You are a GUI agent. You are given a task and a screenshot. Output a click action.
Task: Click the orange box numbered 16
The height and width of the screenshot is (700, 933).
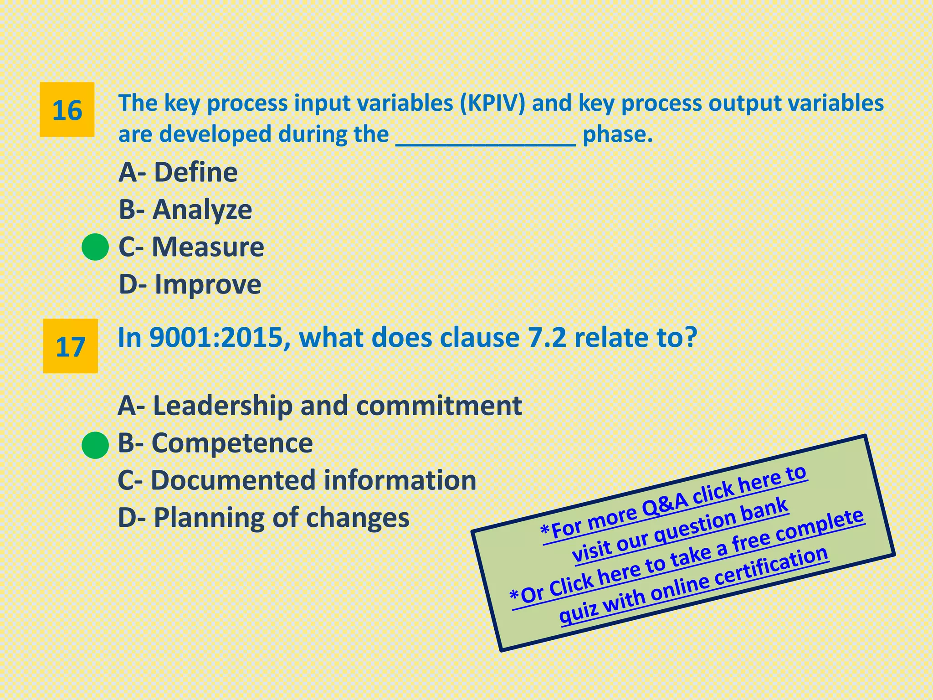[67, 110]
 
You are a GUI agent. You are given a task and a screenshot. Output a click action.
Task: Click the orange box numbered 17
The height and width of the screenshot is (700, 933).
[70, 346]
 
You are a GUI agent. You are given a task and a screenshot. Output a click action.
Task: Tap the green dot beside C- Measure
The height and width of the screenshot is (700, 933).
[95, 247]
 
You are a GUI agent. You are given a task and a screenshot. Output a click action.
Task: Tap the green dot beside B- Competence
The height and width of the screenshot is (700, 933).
[95, 445]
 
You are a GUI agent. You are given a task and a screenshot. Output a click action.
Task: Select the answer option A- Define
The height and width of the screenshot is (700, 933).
[178, 172]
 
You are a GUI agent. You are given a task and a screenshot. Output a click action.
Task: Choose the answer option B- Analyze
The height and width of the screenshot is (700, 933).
[185, 210]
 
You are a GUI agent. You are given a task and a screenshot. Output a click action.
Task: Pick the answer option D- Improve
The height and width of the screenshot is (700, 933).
[190, 284]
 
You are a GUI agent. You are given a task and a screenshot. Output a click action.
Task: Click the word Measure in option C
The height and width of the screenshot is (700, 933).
[208, 247]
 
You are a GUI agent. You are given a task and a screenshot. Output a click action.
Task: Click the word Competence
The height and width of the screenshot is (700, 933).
[232, 443]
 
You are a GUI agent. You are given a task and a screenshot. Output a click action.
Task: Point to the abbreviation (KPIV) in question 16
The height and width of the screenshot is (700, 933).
[492, 103]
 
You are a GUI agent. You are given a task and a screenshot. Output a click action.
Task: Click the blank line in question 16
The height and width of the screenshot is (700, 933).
[486, 137]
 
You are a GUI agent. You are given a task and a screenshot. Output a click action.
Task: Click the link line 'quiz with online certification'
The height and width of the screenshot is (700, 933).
[693, 586]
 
